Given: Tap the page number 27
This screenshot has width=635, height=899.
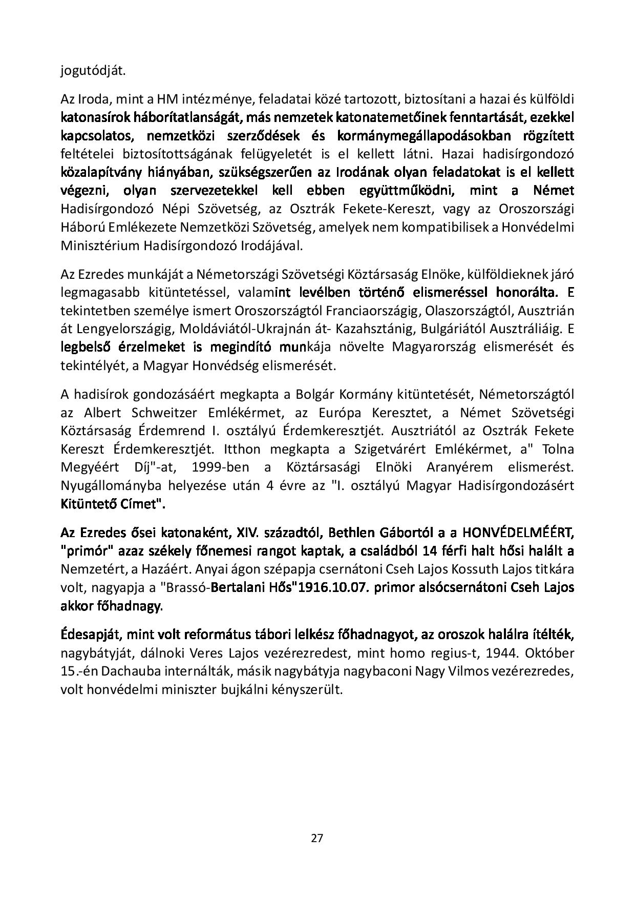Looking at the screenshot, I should coord(317,839).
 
